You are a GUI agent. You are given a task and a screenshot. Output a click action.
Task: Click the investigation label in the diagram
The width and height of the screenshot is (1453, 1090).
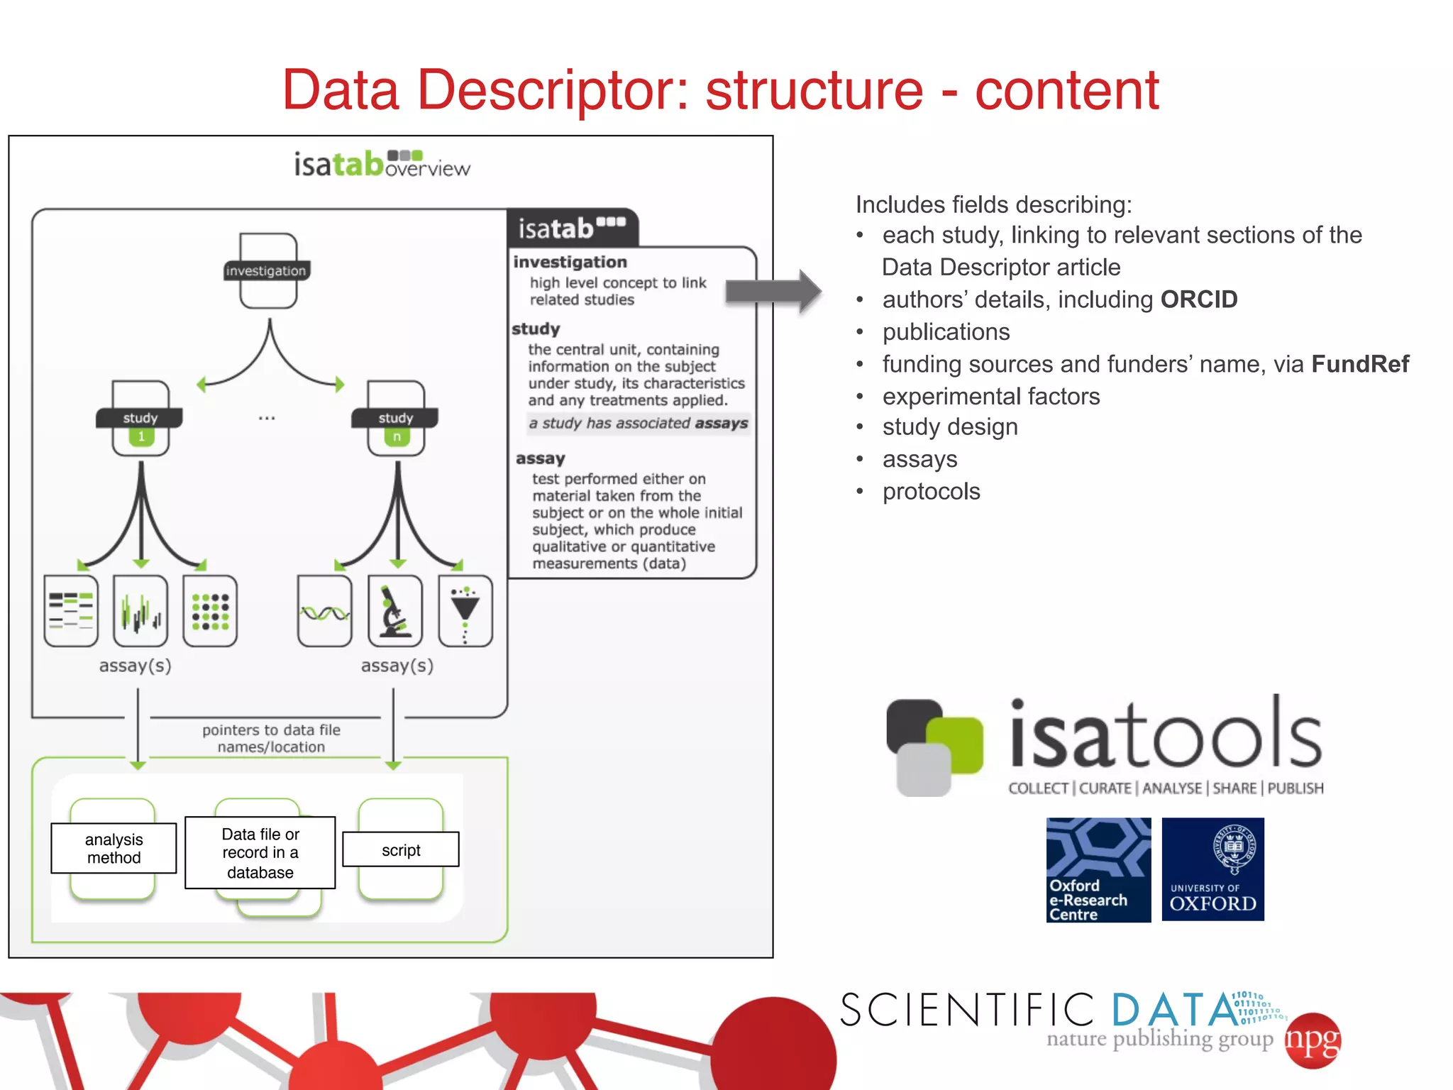tap(266, 271)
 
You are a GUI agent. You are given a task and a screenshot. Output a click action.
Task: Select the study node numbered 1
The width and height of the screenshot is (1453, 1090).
tap(140, 419)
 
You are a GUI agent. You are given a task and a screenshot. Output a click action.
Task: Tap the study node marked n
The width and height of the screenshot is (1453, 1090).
tap(396, 419)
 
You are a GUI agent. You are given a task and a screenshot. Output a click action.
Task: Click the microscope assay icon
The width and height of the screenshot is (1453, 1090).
tap(395, 611)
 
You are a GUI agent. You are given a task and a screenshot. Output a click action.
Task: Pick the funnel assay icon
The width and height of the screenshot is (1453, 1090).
tap(465, 611)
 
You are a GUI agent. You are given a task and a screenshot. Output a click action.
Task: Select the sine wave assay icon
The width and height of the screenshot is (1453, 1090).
tap(325, 612)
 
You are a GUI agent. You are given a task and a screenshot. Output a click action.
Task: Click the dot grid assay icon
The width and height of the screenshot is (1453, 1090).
tap(210, 611)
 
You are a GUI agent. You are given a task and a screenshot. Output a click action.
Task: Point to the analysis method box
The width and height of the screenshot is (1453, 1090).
tap(114, 848)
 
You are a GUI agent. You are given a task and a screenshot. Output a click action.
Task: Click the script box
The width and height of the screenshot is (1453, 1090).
tap(401, 849)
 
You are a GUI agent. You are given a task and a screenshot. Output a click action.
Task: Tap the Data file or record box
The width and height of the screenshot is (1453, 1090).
tap(260, 852)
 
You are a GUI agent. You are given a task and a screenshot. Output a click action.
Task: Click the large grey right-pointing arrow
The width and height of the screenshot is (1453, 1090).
tap(773, 291)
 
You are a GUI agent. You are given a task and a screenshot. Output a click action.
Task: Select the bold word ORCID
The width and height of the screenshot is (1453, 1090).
tap(1198, 299)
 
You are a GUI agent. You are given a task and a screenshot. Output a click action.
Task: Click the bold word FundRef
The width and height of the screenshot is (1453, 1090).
tap(1359, 364)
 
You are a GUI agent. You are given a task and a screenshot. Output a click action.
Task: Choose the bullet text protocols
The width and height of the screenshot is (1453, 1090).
tap(931, 491)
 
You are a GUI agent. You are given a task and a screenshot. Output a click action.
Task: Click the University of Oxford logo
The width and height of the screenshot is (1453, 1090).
tap(1212, 869)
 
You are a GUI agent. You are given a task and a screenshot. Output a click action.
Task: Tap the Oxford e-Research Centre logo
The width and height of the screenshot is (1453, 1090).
tap(1098, 870)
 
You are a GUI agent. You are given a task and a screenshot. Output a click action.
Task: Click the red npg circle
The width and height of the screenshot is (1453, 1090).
tap(1313, 1040)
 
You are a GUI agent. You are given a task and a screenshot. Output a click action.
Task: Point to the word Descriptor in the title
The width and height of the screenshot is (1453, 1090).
tap(553, 90)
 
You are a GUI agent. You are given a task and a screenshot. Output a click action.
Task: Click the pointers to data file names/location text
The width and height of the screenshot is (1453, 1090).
tap(271, 738)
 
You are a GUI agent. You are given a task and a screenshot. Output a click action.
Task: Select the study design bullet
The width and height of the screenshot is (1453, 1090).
tap(949, 427)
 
